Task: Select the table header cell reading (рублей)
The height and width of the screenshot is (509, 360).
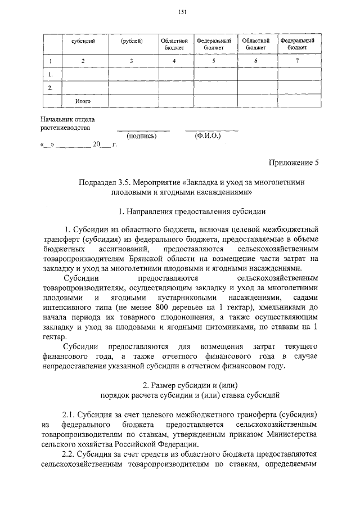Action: coord(132,41)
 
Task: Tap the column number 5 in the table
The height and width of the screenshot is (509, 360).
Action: coord(214,60)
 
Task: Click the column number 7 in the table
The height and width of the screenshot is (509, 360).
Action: coord(297,60)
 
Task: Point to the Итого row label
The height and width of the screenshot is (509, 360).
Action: coord(83,101)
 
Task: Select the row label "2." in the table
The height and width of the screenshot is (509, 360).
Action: coord(51,88)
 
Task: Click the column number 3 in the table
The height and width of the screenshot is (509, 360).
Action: coord(132,60)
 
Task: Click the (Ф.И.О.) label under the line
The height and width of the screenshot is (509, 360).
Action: coord(208,136)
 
